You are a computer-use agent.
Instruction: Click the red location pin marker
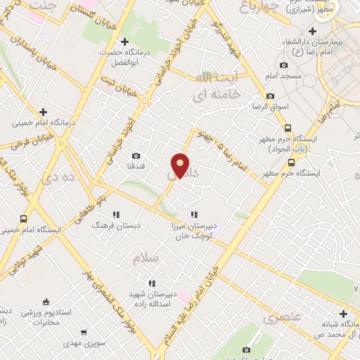point(181,165)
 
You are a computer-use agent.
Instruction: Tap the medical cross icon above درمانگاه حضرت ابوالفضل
point(125,41)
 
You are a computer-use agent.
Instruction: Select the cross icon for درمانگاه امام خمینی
point(44,111)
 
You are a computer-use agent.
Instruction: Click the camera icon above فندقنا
point(136,155)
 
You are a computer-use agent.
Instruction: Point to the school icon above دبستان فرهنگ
point(116,214)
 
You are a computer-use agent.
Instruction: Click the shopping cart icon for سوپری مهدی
point(84,332)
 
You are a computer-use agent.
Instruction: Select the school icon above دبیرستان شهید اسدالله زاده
point(152,283)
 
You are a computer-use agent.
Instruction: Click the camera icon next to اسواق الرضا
point(270,96)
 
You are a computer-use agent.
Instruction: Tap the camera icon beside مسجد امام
point(283,65)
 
